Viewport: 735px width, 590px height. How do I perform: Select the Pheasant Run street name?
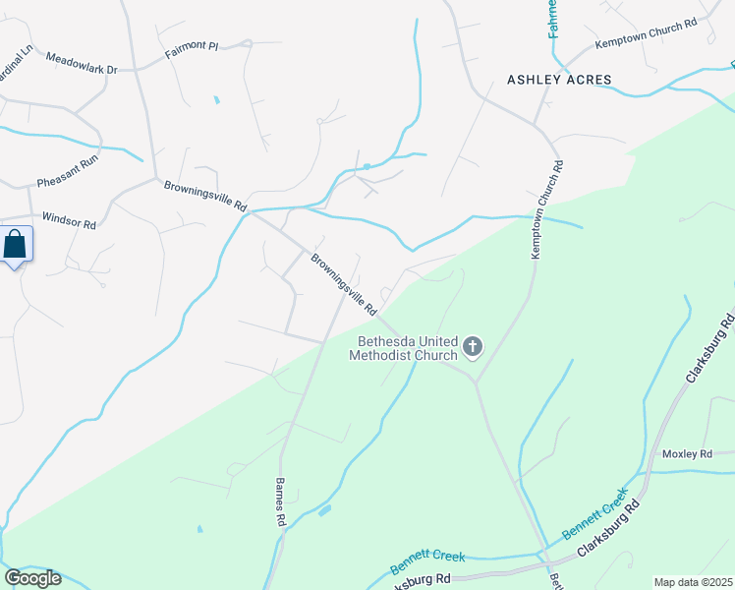[68, 182]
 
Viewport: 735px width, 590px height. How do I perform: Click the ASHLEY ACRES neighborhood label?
[559, 80]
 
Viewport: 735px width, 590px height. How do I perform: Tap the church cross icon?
[473, 345]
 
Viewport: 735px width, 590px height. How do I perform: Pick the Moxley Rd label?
[686, 454]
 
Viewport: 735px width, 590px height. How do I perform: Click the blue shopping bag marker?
[16, 244]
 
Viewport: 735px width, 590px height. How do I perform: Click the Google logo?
[32, 577]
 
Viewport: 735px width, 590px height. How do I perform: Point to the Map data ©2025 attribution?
[693, 582]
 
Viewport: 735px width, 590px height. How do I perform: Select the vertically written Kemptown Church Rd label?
[547, 210]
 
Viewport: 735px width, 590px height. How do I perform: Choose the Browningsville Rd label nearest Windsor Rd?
[204, 194]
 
